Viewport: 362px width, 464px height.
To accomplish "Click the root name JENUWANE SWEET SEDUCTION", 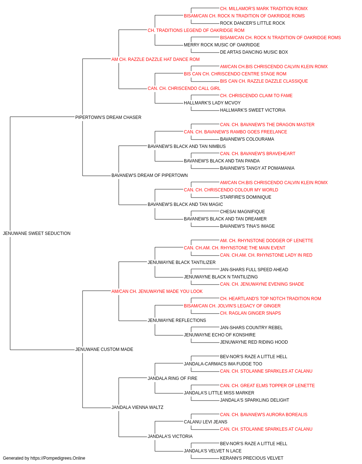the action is click(37, 233).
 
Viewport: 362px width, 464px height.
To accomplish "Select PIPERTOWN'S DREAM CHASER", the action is click(108, 117).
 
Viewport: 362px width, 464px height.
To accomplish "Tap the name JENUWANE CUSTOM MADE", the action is click(104, 349).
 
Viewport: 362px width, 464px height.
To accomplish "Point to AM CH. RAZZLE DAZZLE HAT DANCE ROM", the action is click(155, 59).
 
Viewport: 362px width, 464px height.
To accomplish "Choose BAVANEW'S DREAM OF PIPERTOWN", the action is click(150, 175).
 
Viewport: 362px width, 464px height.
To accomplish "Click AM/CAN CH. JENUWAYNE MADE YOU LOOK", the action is click(157, 291).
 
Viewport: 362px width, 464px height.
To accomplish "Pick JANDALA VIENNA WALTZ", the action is click(137, 407).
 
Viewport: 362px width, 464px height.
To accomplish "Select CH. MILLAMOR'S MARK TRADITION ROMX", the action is click(264, 9).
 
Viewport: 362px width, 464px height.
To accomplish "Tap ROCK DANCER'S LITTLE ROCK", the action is click(252, 23).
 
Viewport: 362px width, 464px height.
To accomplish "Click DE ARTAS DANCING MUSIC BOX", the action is click(254, 52).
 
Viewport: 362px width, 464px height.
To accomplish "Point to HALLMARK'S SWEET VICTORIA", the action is click(253, 110).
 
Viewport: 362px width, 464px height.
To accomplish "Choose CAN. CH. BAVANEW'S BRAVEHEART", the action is click(257, 154).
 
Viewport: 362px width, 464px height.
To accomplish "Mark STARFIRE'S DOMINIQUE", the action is click(245, 197).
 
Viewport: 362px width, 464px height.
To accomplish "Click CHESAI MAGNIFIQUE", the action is click(243, 212).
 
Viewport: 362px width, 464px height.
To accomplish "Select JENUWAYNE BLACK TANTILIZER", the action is click(182, 262).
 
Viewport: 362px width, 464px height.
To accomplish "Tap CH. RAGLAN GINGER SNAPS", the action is click(250, 313).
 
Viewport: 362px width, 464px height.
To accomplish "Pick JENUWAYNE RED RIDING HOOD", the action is click(254, 342).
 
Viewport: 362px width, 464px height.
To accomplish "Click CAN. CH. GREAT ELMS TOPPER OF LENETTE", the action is click(268, 385).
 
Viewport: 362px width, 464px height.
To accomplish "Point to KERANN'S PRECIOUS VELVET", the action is click(252, 458).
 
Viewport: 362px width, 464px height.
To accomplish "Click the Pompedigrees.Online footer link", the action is click(58, 458).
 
